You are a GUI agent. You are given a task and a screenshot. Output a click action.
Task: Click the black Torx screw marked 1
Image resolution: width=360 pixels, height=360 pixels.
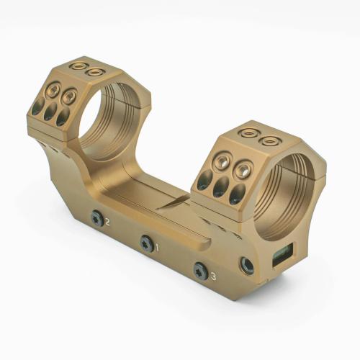147,244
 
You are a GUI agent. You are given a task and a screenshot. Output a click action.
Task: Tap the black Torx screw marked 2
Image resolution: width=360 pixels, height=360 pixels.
96,218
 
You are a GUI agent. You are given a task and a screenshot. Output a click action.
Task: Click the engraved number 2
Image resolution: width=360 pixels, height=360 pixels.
107,222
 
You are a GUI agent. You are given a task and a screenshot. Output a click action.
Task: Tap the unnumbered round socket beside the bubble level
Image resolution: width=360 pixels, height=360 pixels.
247,266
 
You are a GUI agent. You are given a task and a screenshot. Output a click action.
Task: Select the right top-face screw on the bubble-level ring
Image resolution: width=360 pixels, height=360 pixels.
269,140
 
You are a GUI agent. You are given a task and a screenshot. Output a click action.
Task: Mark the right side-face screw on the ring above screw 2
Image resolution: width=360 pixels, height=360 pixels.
69,96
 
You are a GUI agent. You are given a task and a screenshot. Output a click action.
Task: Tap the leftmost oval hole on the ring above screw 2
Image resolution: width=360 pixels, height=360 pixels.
37,107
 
